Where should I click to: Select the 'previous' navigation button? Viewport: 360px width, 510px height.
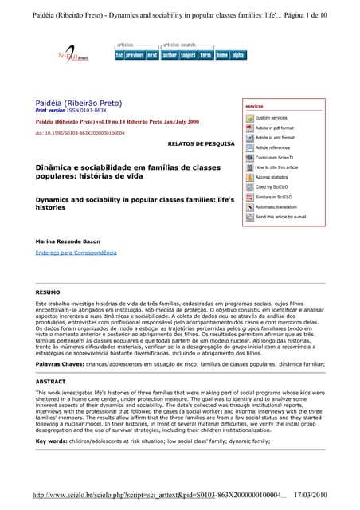coord(135,55)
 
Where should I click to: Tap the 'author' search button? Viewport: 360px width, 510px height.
coord(170,55)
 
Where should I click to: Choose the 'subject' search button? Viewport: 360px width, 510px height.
coord(188,55)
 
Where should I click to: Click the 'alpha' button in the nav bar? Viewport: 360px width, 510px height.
coord(238,55)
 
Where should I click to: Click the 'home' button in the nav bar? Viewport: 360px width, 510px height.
coord(222,55)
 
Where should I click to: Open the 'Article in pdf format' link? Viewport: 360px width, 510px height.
coord(274,127)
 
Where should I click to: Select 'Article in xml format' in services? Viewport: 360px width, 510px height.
coord(274,138)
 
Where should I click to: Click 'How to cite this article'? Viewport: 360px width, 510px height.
coord(276,167)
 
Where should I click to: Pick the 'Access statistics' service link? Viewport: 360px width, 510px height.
coord(272,177)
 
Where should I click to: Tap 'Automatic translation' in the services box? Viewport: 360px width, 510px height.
coord(276,206)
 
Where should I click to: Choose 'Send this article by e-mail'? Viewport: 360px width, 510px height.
coord(280,216)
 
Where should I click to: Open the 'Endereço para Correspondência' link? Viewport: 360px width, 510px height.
coord(76,252)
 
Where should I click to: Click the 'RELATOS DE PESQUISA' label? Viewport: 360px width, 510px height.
coord(196,143)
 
